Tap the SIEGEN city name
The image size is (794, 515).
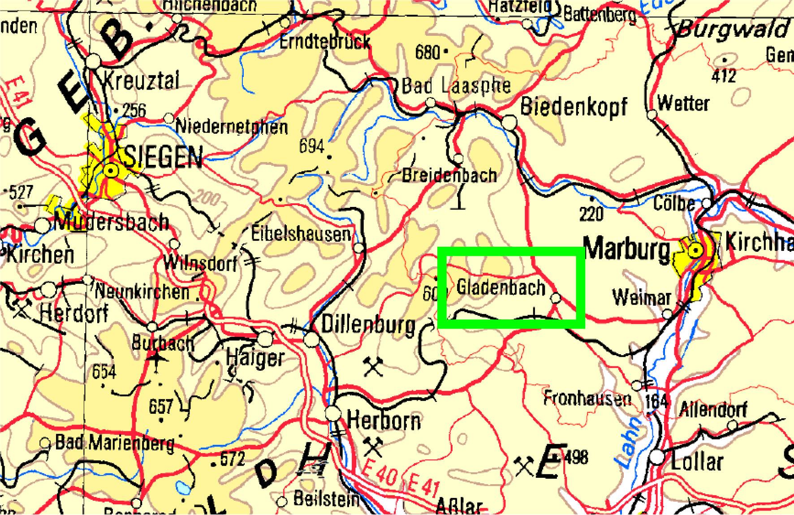coord(163,157)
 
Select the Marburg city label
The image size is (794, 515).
coord(627,249)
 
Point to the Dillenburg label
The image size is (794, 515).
coord(368,325)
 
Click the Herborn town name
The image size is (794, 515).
coord(384,421)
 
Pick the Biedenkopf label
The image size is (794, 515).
coord(574,107)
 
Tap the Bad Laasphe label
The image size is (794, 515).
coord(456,86)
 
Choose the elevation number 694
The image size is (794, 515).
coord(312,146)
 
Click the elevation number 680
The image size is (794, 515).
coord(427,52)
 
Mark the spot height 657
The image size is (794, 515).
coord(161,407)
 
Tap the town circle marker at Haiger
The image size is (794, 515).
coord(265,339)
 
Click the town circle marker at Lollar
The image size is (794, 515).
coord(657,457)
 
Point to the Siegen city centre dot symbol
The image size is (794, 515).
coord(111,170)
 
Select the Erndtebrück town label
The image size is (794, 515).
coord(325,42)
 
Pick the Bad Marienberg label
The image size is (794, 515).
coord(115,443)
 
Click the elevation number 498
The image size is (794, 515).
coord(576,458)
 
